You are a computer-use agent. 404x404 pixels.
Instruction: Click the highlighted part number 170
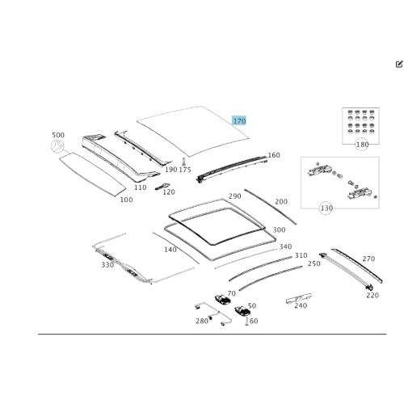pos(239,121)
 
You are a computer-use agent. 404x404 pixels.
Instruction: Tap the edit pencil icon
pos(399,64)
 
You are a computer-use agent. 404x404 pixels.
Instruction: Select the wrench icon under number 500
pos(57,146)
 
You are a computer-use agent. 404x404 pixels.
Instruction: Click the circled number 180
pos(362,145)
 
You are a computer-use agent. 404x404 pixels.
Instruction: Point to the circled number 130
pos(326,208)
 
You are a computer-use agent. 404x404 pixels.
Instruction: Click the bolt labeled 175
pos(184,162)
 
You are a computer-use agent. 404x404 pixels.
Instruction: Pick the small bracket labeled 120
pos(162,186)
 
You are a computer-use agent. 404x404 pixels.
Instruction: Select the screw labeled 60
pos(246,322)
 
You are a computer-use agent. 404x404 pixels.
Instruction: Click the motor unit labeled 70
pos(222,300)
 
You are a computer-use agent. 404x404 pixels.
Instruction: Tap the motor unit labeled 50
pos(242,311)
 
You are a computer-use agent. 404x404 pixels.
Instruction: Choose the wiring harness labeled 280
pos(213,314)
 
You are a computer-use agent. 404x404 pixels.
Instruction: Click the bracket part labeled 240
pos(299,298)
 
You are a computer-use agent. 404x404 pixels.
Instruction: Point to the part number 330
pos(107,265)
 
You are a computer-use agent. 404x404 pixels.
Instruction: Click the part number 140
pos(170,250)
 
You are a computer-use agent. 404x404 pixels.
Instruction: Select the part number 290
pos(234,196)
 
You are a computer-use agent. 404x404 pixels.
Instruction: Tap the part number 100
pos(126,200)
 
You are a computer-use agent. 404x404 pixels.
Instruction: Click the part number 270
pos(368,259)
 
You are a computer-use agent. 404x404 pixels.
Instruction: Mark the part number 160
pos(274,155)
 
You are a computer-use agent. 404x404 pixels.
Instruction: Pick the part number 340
pos(285,246)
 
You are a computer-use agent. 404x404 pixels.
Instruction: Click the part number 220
pos(372,295)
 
